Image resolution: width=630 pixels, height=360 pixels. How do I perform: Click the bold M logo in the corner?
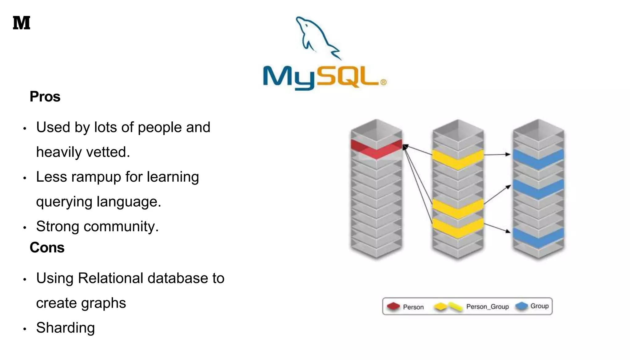pyautogui.click(x=22, y=23)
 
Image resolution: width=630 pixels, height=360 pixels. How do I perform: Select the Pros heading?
pyautogui.click(x=45, y=97)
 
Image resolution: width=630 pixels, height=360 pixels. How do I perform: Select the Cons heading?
pyautogui.click(x=47, y=247)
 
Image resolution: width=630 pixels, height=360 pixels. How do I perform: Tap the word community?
pyautogui.click(x=121, y=226)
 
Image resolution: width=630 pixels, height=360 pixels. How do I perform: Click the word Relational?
pyautogui.click(x=111, y=278)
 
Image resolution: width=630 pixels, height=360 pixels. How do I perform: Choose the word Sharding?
pyautogui.click(x=66, y=328)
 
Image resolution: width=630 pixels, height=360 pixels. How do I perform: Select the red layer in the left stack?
pyautogui.click(x=376, y=149)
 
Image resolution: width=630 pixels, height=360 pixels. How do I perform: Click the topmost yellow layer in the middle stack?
pyautogui.click(x=458, y=159)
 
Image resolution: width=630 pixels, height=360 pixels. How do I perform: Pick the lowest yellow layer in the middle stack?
pyautogui.click(x=458, y=227)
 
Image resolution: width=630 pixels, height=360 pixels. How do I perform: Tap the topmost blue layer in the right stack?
pyautogui.click(x=538, y=158)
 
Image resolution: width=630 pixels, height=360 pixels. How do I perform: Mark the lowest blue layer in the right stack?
pyautogui.click(x=538, y=237)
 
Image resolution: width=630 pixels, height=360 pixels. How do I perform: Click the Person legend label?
pyautogui.click(x=413, y=307)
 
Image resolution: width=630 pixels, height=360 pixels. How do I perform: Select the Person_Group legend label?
pyautogui.click(x=487, y=307)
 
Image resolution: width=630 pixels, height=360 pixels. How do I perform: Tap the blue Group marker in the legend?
pyautogui.click(x=521, y=306)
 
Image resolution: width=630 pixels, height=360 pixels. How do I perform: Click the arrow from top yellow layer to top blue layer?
pyautogui.click(x=497, y=155)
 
